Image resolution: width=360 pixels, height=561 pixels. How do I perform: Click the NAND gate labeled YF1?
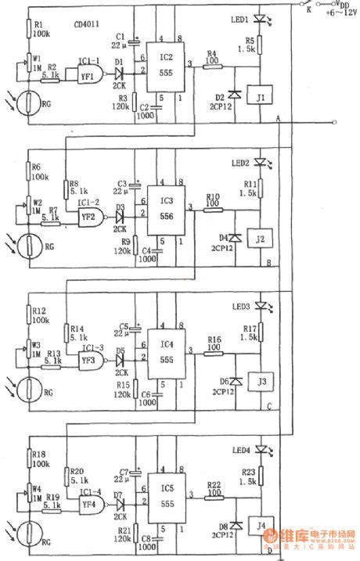(x=88, y=75)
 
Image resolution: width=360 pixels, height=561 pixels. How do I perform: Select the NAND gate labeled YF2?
(x=88, y=217)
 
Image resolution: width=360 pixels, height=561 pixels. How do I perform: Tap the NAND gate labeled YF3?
(x=88, y=360)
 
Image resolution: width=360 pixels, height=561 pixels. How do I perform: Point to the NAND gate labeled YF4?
(x=88, y=503)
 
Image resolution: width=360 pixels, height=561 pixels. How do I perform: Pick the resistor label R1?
(x=39, y=24)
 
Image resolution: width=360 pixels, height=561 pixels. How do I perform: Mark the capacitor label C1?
(x=120, y=35)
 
